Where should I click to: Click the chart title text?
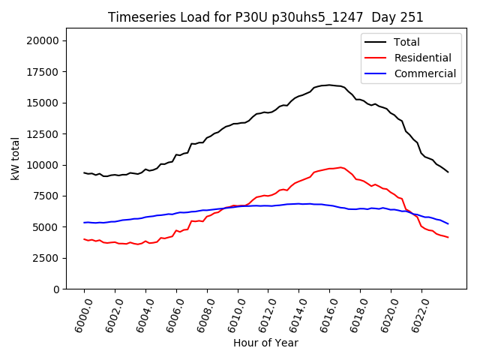pos(265,17)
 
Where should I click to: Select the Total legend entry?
pos(406,42)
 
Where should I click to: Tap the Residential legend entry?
pos(422,58)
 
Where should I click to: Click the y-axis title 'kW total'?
pos(15,159)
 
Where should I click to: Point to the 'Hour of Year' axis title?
pos(265,343)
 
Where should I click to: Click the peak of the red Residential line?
pos(340,167)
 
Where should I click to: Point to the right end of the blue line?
pos(448,223)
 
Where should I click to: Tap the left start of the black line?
pos(84,172)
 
